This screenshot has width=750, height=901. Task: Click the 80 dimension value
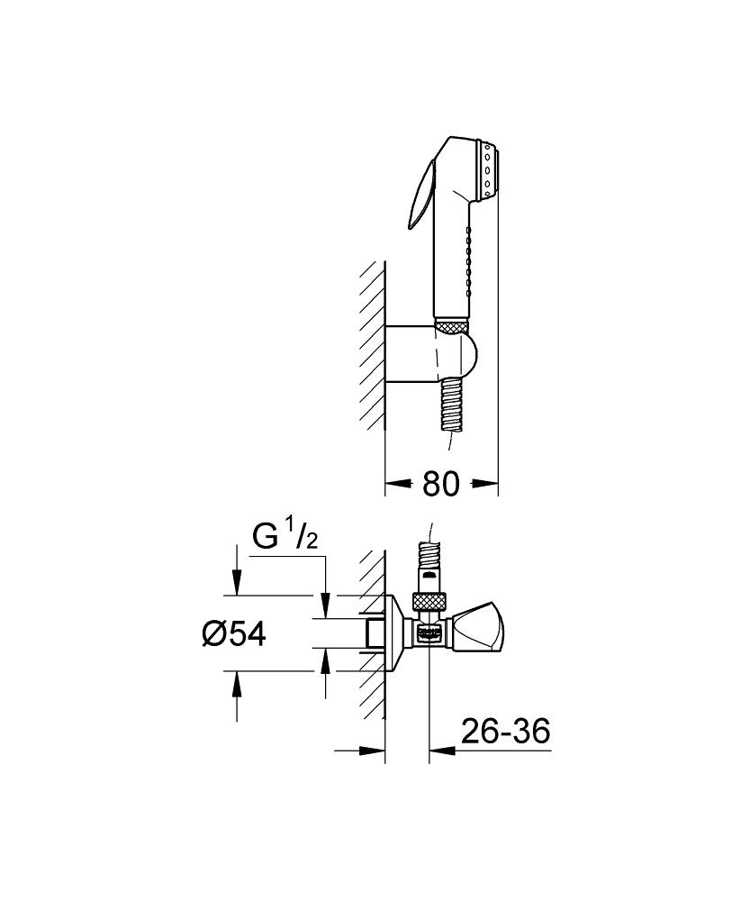point(441,483)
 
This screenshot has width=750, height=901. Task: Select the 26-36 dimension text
point(505,731)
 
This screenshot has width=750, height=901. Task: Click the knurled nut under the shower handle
point(452,326)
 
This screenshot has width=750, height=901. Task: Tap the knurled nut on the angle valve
point(429,602)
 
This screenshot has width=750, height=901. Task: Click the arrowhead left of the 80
point(394,484)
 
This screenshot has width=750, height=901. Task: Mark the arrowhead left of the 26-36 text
point(441,750)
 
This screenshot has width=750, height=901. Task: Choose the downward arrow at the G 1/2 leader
point(326,605)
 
